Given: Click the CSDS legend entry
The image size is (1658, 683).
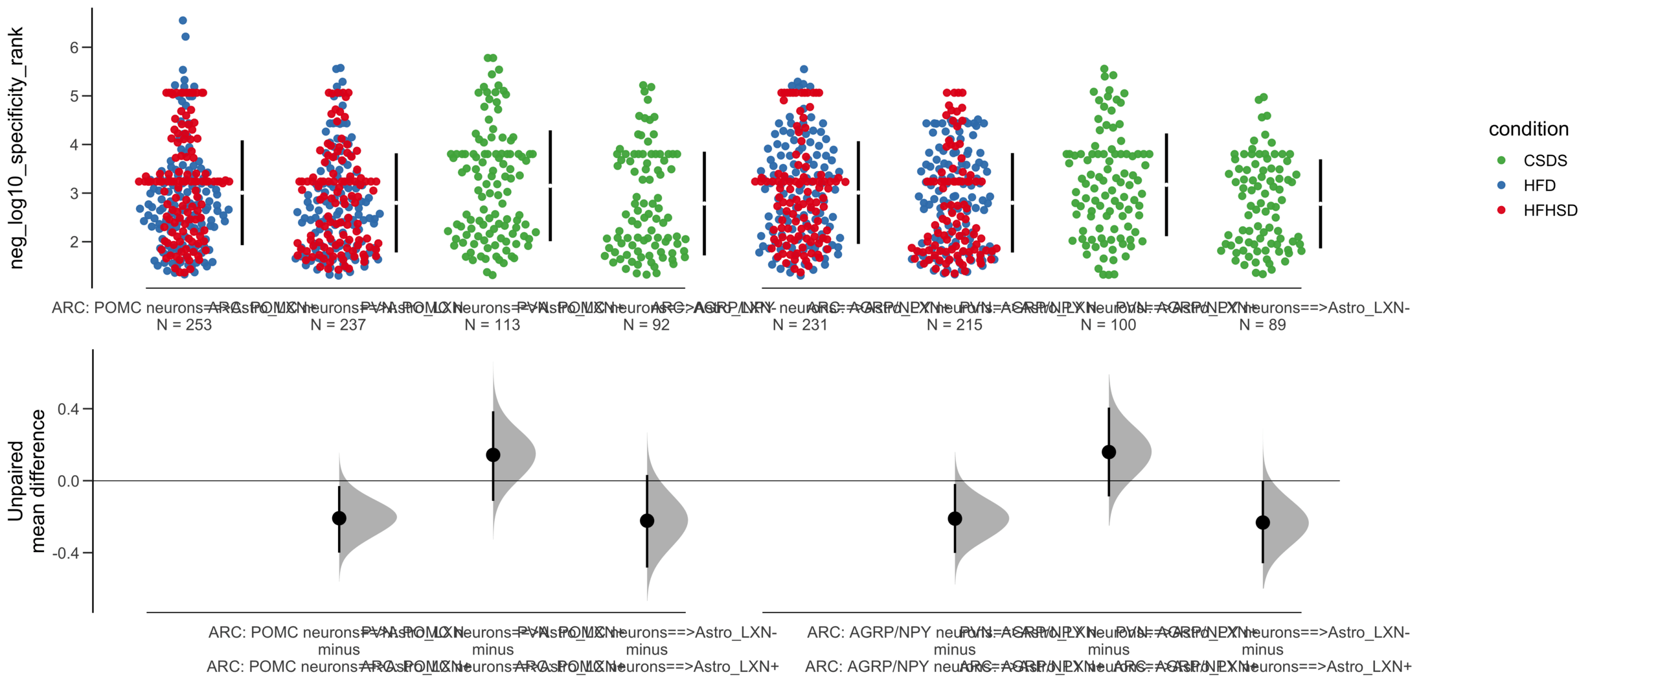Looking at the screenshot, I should click(x=1544, y=161).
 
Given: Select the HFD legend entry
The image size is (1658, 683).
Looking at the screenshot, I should click(x=1539, y=186).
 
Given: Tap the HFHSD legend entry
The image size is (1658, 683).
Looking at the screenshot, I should click(x=1549, y=211).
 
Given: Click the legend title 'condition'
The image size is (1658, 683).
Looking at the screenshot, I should click(x=1528, y=129).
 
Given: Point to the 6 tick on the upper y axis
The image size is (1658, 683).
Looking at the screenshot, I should click(x=74, y=47).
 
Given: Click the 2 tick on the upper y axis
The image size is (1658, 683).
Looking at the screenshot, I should click(x=74, y=242).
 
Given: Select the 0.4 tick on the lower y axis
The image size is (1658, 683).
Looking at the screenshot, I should click(x=68, y=409).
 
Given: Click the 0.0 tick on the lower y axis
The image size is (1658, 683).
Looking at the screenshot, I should click(x=68, y=481).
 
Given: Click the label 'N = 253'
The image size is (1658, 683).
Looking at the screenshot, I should click(x=184, y=325).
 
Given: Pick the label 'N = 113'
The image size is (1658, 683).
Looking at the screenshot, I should click(x=492, y=325).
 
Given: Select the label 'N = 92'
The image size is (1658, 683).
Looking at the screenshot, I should click(x=646, y=325).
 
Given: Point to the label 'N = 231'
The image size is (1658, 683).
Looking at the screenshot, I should click(x=800, y=325).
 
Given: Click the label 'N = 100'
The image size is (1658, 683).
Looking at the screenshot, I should click(x=1108, y=325).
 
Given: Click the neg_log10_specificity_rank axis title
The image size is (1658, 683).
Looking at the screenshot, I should click(x=16, y=148).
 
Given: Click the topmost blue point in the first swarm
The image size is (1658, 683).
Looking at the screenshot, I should click(x=183, y=21).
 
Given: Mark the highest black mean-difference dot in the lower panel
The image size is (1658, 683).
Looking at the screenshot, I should click(x=1108, y=452).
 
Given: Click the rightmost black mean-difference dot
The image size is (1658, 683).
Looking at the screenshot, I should click(x=1262, y=522).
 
